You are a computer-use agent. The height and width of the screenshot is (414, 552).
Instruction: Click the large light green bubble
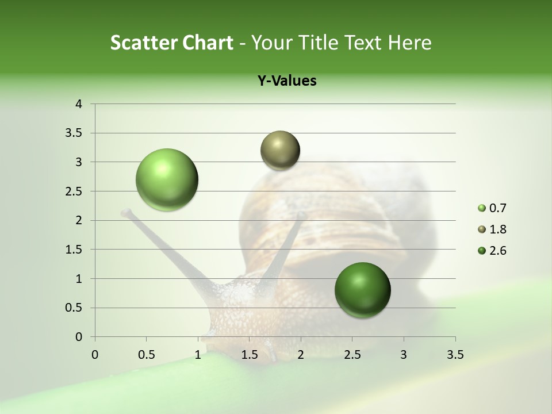pos(167,179)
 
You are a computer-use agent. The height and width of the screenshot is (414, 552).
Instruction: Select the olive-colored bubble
pos(280,150)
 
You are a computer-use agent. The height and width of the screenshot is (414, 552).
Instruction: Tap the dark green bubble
pos(362,290)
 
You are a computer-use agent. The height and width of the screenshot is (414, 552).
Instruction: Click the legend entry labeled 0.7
pos(492,208)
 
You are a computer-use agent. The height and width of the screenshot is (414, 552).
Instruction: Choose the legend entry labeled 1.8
pos(492,229)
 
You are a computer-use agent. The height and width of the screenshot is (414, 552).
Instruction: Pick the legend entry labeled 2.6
pos(492,251)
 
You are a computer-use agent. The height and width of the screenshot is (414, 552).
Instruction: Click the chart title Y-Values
pos(286,81)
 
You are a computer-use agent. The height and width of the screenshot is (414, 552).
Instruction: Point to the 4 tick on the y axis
pos(79,104)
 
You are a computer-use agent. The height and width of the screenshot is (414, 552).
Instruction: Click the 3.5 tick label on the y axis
pos(74,133)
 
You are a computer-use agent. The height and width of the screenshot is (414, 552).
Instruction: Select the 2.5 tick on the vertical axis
pos(74,191)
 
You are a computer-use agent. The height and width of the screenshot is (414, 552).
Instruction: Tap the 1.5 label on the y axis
pos(74,250)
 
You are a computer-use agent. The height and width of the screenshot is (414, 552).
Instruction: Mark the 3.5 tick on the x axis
pos(455,355)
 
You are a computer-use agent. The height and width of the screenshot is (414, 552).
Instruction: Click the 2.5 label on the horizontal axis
pos(352,355)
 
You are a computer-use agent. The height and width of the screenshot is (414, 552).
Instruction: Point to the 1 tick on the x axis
pos(198,355)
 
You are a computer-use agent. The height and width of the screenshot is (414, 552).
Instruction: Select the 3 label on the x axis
pos(404,355)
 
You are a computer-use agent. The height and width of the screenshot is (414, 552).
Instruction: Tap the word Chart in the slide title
pos(209,43)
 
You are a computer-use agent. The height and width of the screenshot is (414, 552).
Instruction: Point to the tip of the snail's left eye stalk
pos(125,213)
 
